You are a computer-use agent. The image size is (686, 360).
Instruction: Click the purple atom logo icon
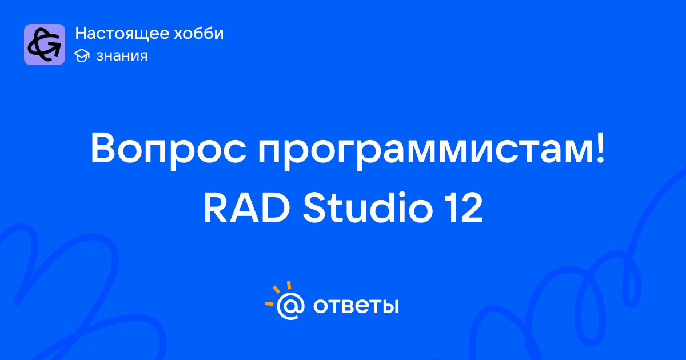pos(45,45)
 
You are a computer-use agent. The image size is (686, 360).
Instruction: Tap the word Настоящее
pos(122,34)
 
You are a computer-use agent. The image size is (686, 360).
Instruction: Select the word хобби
pos(199,33)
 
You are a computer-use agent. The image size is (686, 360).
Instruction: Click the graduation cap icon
pos(82,56)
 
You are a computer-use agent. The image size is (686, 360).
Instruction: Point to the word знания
pos(122,56)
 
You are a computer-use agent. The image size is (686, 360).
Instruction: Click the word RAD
pos(246,207)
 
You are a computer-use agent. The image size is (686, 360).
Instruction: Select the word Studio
pos(368,207)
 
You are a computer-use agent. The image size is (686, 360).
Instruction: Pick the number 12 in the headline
pos(464,207)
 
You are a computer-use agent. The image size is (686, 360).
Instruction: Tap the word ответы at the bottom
pos(356,306)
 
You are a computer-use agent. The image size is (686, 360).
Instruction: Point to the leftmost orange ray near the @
pos(269,303)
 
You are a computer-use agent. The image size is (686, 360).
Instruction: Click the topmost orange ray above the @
pos(289,285)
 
